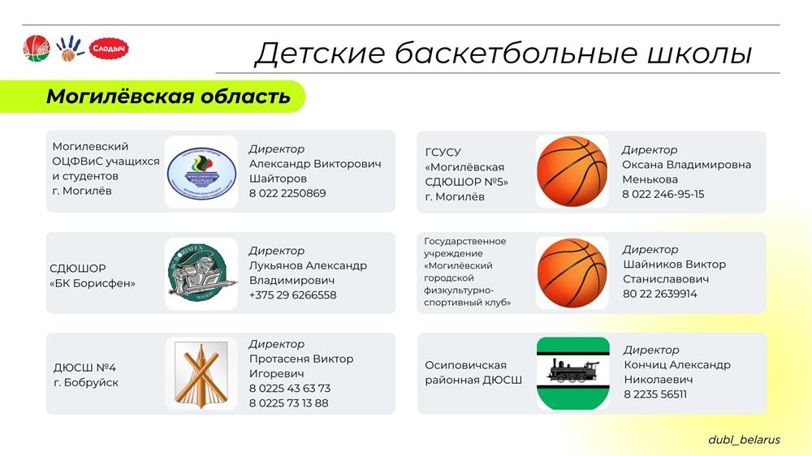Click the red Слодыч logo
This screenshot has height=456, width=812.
(x=109, y=49)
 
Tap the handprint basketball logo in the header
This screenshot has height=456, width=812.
(x=69, y=48)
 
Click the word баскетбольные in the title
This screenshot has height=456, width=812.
(x=516, y=54)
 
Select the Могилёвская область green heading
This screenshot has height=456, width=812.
(x=168, y=97)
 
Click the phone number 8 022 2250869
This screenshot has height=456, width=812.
(x=287, y=193)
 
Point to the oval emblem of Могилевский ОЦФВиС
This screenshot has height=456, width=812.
(x=201, y=172)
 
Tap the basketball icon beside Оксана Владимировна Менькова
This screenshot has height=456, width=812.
(x=572, y=171)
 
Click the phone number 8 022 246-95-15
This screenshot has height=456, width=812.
(x=663, y=194)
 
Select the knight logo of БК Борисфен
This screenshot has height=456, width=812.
(x=201, y=273)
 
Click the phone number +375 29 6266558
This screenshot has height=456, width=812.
(x=292, y=295)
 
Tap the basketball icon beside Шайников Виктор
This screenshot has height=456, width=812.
(x=572, y=273)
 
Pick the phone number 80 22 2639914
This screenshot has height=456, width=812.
(x=659, y=294)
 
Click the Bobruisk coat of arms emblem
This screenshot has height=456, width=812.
(x=201, y=374)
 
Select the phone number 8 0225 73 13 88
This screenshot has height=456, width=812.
(x=288, y=403)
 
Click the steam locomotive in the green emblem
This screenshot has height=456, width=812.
(x=572, y=371)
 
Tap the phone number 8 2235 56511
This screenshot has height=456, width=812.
(x=655, y=394)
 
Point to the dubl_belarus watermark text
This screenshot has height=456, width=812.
(x=744, y=440)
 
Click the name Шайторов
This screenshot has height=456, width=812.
(x=278, y=179)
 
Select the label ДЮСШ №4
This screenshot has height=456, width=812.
(x=84, y=368)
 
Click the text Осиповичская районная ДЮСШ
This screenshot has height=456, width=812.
(x=473, y=372)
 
